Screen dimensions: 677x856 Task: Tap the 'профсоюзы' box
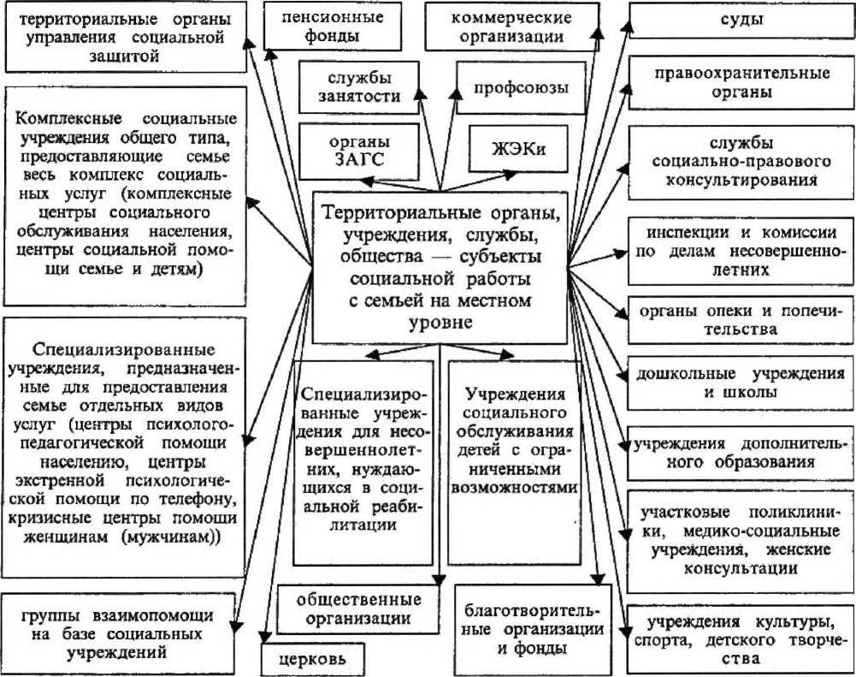[522, 87]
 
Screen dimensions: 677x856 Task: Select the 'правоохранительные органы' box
[741, 82]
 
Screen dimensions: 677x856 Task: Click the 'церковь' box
[311, 659]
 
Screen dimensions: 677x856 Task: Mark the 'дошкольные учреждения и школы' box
[741, 382]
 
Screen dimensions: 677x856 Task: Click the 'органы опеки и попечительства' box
[741, 318]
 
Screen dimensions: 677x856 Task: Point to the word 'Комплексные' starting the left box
[63, 118]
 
